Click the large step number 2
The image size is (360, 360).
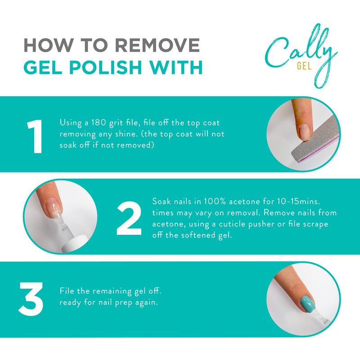click(x=129, y=219)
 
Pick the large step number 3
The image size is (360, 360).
click(x=31, y=298)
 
